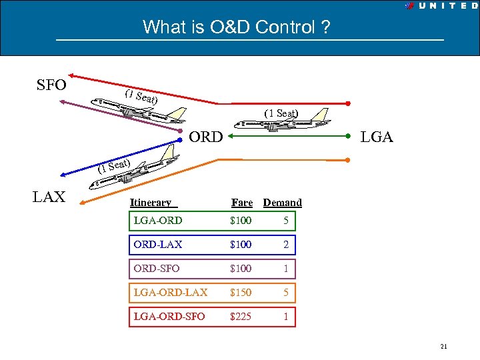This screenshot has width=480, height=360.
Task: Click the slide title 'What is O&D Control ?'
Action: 237,27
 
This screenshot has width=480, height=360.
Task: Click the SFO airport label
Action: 51,85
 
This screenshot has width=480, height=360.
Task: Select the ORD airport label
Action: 205,137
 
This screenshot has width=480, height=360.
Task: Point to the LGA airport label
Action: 377,137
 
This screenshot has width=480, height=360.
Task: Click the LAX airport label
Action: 49,197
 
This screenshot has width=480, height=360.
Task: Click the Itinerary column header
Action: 151,203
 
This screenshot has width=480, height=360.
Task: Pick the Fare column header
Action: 241,203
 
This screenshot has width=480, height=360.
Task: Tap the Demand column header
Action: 283,203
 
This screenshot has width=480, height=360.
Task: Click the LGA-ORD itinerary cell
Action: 158,221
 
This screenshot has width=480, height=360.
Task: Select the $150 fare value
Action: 241,292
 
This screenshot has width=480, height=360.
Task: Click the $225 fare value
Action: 241,317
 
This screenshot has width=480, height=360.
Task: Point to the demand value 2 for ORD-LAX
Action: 285,245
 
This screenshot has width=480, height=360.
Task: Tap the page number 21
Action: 443,346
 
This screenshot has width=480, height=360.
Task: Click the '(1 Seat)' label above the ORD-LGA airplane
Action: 281,113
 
